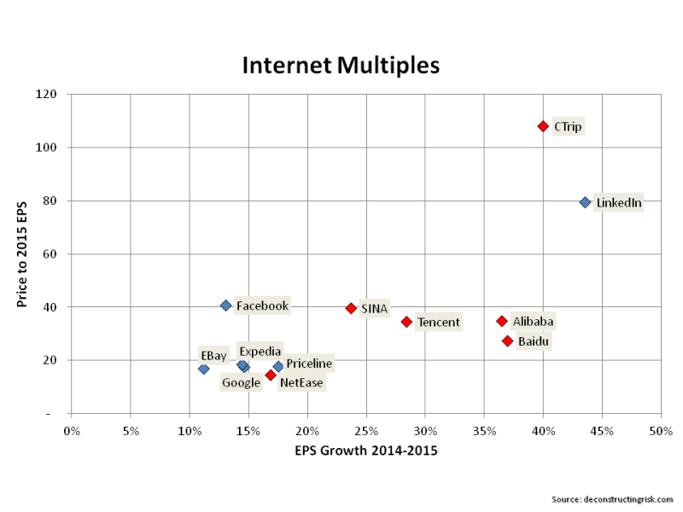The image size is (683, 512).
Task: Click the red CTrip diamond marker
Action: [543, 126]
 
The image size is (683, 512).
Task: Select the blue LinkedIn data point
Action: [585, 202]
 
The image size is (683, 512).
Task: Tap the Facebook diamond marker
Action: [225, 305]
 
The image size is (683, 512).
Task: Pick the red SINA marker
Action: [351, 308]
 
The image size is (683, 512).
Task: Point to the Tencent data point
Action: [406, 322]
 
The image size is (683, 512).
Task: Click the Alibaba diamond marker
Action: [502, 321]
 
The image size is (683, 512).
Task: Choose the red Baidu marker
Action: [507, 341]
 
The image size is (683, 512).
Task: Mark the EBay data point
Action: [203, 369]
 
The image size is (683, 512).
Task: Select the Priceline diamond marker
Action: [278, 366]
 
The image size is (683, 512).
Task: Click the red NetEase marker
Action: [271, 375]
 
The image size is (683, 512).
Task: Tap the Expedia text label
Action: [260, 351]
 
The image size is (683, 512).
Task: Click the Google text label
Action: [241, 383]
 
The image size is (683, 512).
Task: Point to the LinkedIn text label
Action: [618, 203]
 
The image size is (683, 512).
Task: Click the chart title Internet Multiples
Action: [341, 65]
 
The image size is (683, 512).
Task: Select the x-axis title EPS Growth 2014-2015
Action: [366, 450]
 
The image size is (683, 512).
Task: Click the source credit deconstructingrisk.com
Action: [612, 497]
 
